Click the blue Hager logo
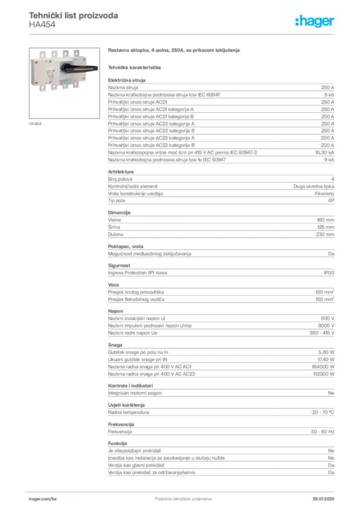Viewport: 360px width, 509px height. (x=316, y=22)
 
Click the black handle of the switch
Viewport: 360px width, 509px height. (x=82, y=69)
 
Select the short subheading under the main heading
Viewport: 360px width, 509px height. (x=135, y=66)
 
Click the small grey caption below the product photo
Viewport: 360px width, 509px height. (x=35, y=123)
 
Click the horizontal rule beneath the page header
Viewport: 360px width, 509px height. (x=183, y=33)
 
